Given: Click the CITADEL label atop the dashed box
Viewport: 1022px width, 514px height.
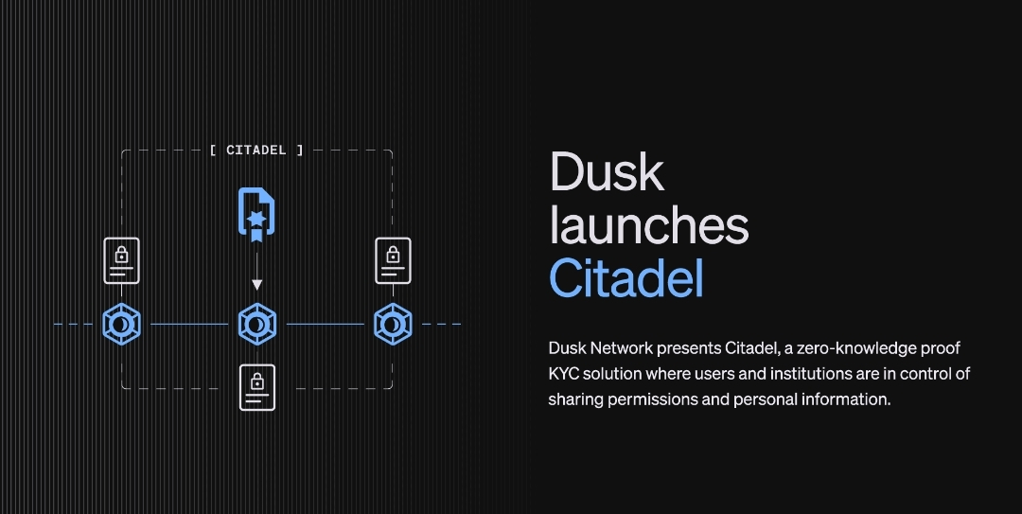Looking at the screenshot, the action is [x=256, y=150].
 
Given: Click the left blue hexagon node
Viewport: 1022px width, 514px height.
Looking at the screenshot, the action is [x=121, y=325].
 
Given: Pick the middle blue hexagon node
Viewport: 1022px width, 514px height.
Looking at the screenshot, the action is [x=256, y=325].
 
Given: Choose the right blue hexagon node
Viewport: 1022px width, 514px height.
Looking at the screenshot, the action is [x=391, y=325].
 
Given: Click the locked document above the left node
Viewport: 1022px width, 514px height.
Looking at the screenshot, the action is [x=121, y=260].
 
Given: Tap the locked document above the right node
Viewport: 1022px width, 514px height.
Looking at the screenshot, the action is [x=393, y=260].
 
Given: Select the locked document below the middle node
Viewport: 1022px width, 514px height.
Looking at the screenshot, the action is [x=256, y=387].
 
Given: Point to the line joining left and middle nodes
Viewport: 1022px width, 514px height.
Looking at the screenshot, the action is [x=188, y=325].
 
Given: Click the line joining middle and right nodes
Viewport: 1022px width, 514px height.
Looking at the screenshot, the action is [x=324, y=325].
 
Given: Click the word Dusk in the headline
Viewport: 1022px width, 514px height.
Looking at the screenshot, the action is [x=607, y=172].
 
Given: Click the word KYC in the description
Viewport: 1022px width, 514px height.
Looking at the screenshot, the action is [x=565, y=374].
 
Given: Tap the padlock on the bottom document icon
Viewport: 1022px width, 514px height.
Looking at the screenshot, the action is [x=256, y=381].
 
